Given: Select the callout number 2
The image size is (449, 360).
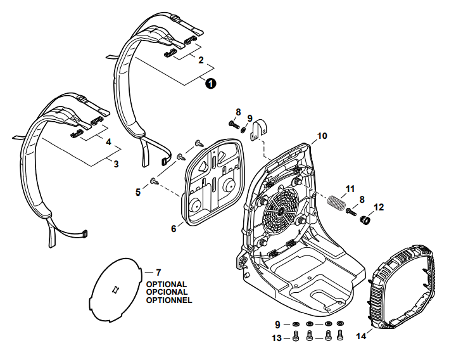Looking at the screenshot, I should tap(201, 61).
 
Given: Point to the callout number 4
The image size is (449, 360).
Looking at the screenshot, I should tap(108, 143).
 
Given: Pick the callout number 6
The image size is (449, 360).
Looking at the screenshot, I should tap(174, 228).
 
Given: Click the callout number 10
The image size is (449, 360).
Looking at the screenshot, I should tap(322, 136).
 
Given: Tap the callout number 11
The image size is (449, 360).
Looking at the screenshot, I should tap(349, 188).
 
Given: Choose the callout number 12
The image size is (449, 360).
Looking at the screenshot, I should tap(379, 207).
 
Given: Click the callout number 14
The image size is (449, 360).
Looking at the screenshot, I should tap(360, 336).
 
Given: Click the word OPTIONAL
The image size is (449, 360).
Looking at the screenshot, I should tap(166, 285).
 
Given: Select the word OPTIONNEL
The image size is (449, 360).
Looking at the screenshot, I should tap(168, 300).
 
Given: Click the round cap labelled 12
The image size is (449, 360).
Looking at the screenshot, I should tap(365, 221).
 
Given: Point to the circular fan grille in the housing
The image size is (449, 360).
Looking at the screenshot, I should tap(280, 214).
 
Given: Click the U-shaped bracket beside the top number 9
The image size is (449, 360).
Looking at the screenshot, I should tap(259, 131).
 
